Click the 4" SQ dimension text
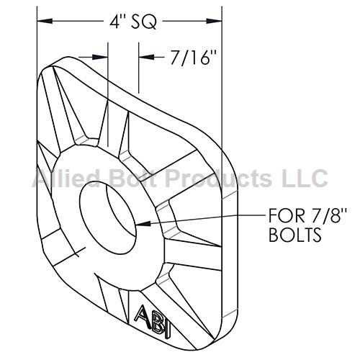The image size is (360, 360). click(133, 22)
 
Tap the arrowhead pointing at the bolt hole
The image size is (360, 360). click(143, 224)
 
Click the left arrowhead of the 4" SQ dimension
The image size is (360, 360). click(45, 21)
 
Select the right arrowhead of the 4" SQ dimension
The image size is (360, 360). click(214, 21)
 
